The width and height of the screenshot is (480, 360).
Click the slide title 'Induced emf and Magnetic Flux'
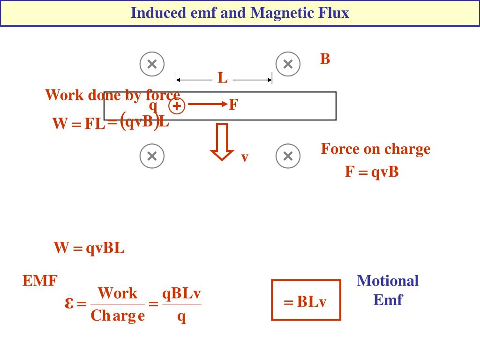[240, 13]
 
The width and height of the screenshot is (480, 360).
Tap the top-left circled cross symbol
[152, 64]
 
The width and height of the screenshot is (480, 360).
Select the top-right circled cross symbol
[288, 64]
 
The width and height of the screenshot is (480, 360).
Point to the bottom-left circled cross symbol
[152, 156]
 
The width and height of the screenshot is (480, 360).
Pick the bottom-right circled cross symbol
[288, 156]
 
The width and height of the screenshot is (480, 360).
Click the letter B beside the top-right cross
[325, 60]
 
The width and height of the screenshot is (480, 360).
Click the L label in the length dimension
[223, 78]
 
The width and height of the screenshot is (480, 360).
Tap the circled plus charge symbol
[177, 107]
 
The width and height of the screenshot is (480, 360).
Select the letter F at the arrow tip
[233, 105]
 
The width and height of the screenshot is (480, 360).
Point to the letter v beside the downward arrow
[244, 157]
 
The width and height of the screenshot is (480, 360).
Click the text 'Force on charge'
[375, 149]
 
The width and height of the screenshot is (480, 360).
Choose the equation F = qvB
[372, 172]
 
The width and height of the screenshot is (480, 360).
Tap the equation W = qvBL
[89, 248]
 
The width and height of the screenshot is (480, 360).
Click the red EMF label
[40, 281]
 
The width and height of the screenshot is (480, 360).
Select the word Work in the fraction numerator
[118, 293]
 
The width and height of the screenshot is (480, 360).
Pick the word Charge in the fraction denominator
[118, 315]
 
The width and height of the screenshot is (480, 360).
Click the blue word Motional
[388, 281]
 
